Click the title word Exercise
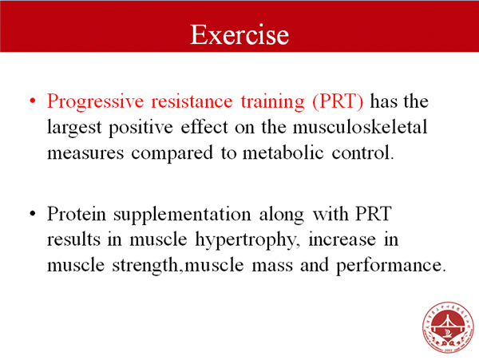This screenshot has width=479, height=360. [x=239, y=34]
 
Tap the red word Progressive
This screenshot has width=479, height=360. [x=95, y=102]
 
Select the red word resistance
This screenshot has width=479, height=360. [x=192, y=101]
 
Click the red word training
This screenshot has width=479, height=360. [x=272, y=102]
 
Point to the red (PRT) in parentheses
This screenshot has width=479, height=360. [x=338, y=101]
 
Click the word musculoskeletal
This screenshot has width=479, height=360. [x=360, y=126]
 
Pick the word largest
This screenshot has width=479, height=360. [x=74, y=128]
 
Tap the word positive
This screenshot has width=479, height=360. [x=141, y=128]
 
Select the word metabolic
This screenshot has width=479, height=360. [x=283, y=152]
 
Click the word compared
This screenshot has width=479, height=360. [x=172, y=153]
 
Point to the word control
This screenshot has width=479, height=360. [x=362, y=152]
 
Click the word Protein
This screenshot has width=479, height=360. [x=77, y=214]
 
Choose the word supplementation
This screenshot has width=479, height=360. [x=182, y=215]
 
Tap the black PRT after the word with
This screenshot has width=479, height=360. [x=374, y=213]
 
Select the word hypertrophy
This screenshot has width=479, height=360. [x=246, y=240]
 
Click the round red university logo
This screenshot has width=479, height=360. [x=448, y=327]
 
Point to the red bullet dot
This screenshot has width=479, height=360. [x=33, y=101]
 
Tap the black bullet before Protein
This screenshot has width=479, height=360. [x=33, y=213]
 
